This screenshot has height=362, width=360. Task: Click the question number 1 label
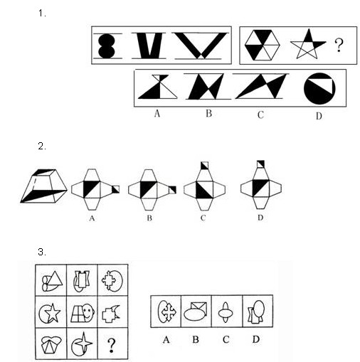point(42,14)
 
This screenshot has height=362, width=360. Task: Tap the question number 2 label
point(42,147)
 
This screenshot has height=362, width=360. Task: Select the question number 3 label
point(42,252)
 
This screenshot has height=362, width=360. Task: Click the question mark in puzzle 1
point(339,45)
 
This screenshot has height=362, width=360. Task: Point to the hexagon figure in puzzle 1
point(263,45)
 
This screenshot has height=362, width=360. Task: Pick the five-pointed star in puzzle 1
point(307,44)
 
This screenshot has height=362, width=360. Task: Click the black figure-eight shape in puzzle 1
point(107,46)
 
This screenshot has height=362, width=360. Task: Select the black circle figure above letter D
point(319,88)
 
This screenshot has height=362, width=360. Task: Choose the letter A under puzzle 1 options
point(157,114)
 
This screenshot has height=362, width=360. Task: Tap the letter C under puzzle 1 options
point(260,115)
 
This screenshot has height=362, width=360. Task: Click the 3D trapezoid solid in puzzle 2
point(44,186)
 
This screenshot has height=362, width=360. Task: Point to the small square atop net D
point(260,164)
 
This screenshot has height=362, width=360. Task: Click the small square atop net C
point(204,166)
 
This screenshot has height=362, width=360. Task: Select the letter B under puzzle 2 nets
point(149,218)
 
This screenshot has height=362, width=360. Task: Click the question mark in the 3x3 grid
point(112,345)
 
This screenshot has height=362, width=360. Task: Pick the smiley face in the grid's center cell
point(88,312)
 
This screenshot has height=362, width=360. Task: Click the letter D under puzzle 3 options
point(255,339)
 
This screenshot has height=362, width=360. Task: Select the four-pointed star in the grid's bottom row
point(83,342)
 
